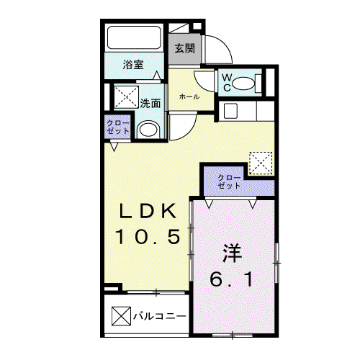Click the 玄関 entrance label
[x=184, y=49]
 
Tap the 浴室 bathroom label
[x=133, y=65]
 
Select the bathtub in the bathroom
[x=134, y=37]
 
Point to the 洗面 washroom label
[x=150, y=103]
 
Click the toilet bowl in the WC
[x=243, y=84]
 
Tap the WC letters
[x=227, y=83]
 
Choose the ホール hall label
[x=189, y=96]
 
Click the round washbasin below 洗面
[x=148, y=130]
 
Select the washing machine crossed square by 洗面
[x=126, y=97]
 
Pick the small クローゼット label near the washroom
[x=118, y=127]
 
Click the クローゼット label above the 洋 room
[x=229, y=181]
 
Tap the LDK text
[x=148, y=211]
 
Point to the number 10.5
[x=148, y=236]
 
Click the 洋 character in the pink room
[x=232, y=253]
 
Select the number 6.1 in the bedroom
[x=232, y=279]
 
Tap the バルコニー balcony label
[x=160, y=316]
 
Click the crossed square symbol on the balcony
[x=121, y=316]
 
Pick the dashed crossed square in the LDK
[x=261, y=163]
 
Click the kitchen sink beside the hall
[x=230, y=111]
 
